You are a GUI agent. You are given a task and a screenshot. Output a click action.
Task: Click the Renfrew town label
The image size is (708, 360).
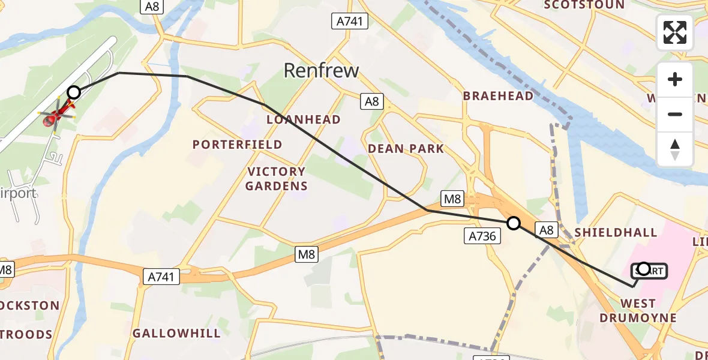coord(321,70)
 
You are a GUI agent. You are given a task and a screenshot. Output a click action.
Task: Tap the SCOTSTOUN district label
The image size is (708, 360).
coord(583,5)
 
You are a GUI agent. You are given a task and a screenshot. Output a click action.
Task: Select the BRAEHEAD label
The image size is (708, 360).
coord(498,96)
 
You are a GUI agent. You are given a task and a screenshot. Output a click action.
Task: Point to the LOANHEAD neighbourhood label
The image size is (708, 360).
coord(303,119)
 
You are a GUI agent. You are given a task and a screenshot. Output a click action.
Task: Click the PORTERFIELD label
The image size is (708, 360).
coord(237,145)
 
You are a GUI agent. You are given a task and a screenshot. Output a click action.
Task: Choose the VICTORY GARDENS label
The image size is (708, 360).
coord(276,179)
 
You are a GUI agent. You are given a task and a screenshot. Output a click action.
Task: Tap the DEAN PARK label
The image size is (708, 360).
coord(406,148)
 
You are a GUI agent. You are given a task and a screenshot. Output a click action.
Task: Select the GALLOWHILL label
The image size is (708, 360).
coord(176,333)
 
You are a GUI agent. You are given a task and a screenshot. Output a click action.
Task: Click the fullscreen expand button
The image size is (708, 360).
coord(675,32)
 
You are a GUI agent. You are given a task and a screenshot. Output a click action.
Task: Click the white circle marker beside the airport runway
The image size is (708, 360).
coord(74,92)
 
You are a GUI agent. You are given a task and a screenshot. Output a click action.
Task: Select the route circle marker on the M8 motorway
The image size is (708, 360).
coord(514,223)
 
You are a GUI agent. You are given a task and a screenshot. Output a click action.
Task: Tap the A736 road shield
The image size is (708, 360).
coord(482,236)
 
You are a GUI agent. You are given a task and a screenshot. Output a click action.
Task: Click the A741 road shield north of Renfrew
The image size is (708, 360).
coord(350,22)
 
